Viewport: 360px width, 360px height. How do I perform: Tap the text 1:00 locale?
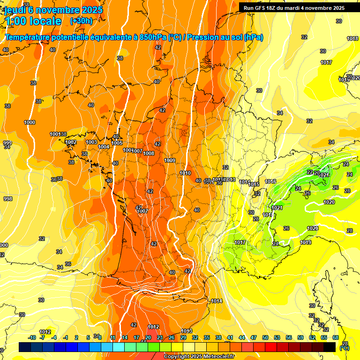pyautogui.click(x=33, y=21)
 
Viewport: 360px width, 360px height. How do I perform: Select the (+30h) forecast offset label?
pyautogui.click(x=81, y=21)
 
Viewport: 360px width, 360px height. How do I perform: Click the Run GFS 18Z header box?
pyautogui.click(x=294, y=7)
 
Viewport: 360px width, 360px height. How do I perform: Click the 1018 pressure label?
pyautogui.click(x=352, y=38)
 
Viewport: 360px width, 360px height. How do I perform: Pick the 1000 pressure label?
pyautogui.click(x=30, y=122)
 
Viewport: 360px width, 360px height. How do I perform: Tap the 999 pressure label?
pyautogui.click(x=7, y=143)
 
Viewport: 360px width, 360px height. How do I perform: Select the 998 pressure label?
pyautogui.click(x=7, y=199)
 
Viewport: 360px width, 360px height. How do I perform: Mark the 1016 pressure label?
pyautogui.click(x=270, y=181)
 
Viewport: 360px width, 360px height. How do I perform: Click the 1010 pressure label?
pyautogui.click(x=185, y=173)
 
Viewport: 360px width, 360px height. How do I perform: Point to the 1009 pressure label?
pyautogui.click(x=170, y=160)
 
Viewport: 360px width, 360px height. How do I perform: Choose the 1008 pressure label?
pyautogui.click(x=149, y=153)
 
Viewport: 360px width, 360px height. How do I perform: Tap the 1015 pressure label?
pyautogui.click(x=254, y=184)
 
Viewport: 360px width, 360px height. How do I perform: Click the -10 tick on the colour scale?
pyautogui.click(x=32, y=337)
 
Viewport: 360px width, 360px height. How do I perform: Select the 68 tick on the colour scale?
pyautogui.click(x=336, y=337)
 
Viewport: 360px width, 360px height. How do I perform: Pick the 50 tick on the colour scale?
pyautogui.click(x=265, y=337)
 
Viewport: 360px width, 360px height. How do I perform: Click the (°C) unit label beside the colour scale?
pyautogui.click(x=345, y=348)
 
